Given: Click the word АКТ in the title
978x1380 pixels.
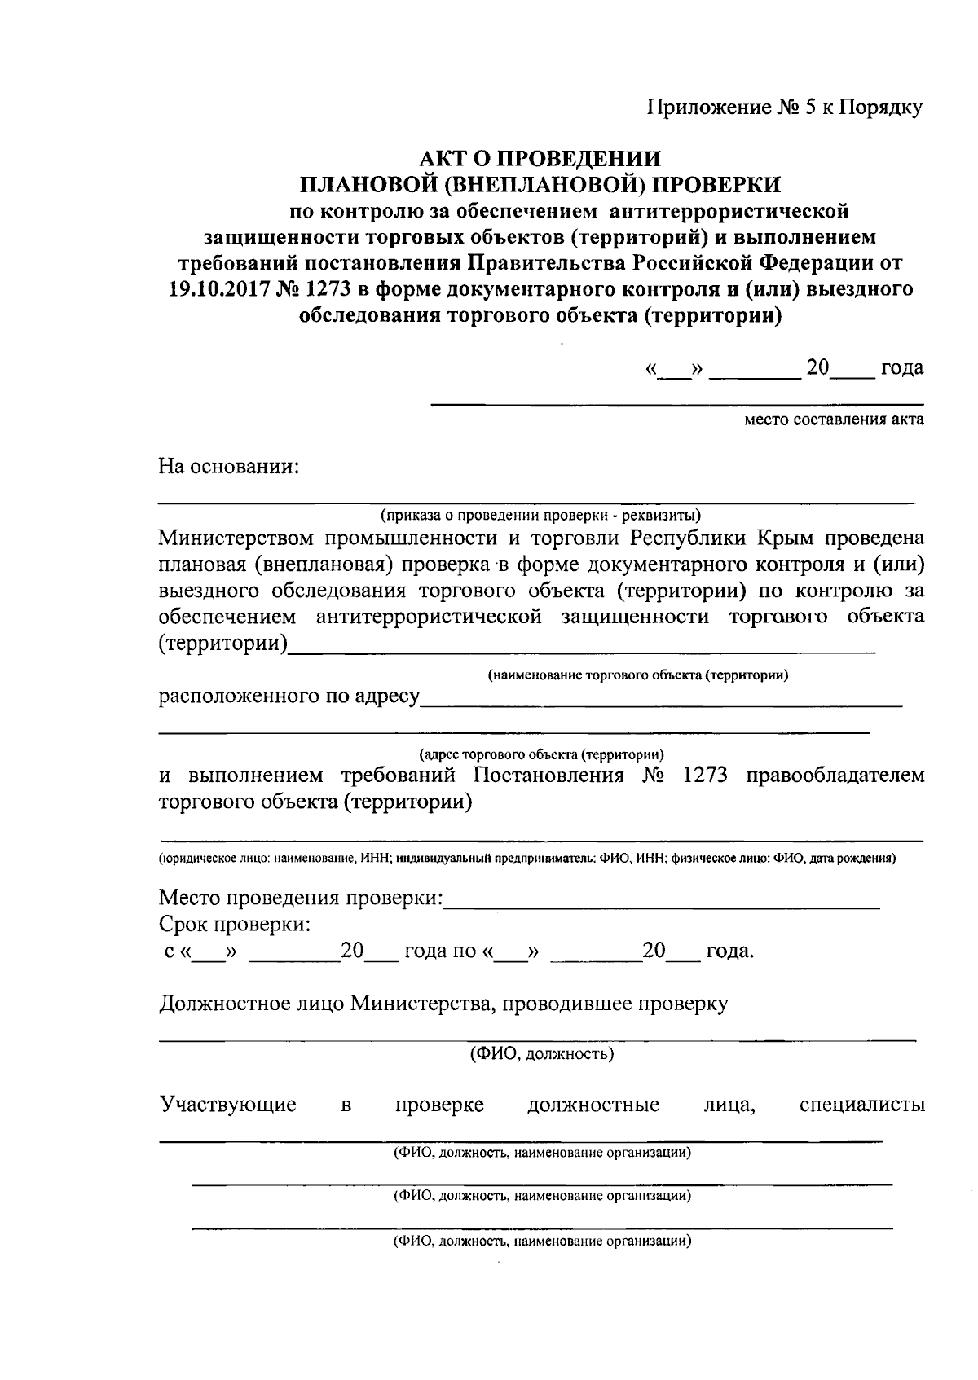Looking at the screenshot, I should click(x=447, y=158).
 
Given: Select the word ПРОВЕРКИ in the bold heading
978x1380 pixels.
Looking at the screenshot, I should click(x=719, y=184).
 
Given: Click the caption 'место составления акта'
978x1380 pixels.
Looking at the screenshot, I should click(x=834, y=420).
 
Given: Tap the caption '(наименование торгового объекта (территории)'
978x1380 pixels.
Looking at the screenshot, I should click(x=638, y=675).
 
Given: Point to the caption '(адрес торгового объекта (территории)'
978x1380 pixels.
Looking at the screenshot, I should click(x=541, y=754).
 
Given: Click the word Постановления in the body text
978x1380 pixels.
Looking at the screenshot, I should click(x=549, y=775).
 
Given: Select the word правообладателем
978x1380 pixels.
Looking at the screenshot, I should click(x=835, y=775).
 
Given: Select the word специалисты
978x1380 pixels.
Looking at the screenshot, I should click(x=862, y=1105).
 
